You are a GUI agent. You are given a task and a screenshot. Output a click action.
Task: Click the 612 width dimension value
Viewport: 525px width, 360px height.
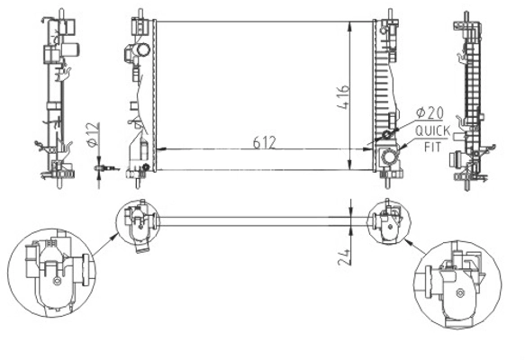pyautogui.click(x=265, y=142)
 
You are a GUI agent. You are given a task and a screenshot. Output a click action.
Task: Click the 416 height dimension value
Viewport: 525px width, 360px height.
pyautogui.click(x=343, y=97)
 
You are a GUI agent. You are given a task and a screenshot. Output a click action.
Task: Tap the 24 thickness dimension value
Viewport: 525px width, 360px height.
pyautogui.click(x=344, y=257)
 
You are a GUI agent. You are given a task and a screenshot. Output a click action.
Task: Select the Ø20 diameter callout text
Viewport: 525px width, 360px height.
pyautogui.click(x=430, y=113)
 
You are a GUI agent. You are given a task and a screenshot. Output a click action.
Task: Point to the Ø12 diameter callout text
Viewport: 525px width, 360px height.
pyautogui.click(x=93, y=134)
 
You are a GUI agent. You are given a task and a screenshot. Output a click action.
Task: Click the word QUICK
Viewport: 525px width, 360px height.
pyautogui.click(x=432, y=131)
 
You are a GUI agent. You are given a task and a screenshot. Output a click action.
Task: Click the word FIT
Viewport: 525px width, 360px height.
pyautogui.click(x=432, y=147)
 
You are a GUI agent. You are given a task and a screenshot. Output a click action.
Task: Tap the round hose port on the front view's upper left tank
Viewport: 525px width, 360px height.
pyautogui.click(x=142, y=50)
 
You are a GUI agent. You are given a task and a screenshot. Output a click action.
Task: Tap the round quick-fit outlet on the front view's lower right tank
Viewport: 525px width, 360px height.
pyautogui.click(x=389, y=157)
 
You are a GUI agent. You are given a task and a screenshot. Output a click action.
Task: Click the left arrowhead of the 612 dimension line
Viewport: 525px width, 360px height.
pyautogui.click(x=160, y=148)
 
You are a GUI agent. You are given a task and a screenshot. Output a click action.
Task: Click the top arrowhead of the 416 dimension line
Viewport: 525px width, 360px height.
pyautogui.click(x=350, y=25)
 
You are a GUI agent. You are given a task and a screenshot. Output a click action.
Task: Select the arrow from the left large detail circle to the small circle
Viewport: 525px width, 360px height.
pyautogui.click(x=105, y=244)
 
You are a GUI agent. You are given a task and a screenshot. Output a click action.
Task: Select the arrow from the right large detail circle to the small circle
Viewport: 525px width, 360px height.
pyautogui.click(x=416, y=247)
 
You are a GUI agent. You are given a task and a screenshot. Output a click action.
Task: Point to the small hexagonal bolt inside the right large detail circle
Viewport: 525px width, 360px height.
pyautogui.click(x=461, y=293)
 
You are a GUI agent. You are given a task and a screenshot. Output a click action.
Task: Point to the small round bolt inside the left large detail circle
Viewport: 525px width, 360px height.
pyautogui.click(x=57, y=282)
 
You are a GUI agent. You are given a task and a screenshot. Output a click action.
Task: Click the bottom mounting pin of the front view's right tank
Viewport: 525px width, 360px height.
pyautogui.click(x=388, y=183)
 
